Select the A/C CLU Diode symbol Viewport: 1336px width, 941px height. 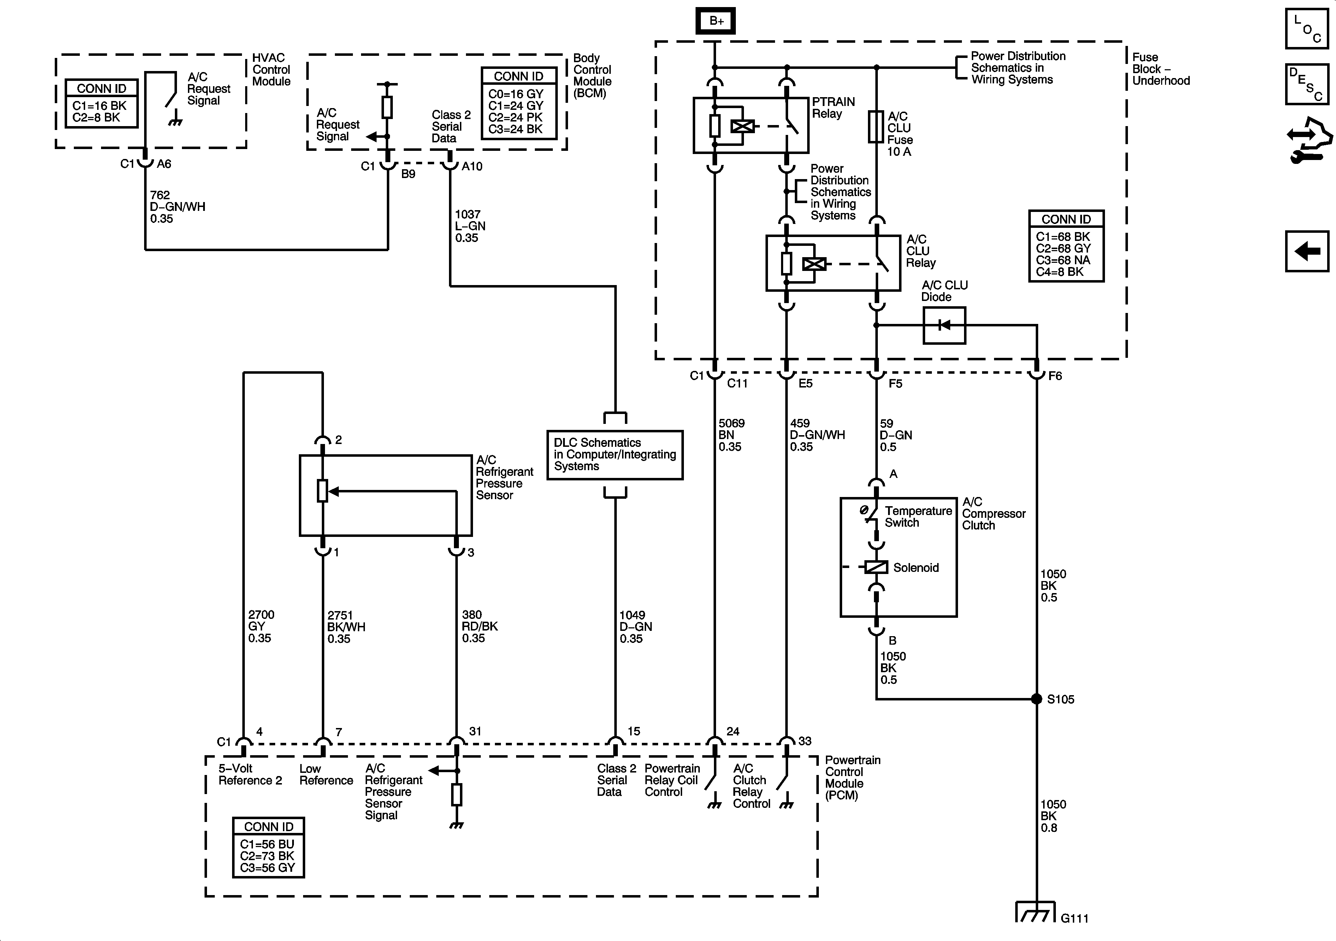944,325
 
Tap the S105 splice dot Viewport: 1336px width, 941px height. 1036,699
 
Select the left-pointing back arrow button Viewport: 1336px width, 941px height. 1306,251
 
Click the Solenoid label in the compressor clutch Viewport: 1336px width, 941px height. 916,567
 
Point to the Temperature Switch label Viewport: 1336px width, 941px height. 918,517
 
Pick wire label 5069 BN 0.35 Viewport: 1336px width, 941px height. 732,435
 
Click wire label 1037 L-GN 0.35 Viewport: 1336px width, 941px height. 470,226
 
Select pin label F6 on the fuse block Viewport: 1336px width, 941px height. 1055,376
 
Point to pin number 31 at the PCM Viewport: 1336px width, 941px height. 475,731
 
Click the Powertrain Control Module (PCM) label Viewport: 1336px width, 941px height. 852,777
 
